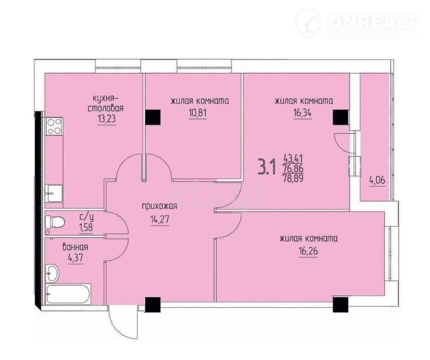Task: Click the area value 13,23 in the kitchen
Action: coord(107,120)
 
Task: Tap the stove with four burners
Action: coord(54,126)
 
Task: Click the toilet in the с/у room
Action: coord(55,222)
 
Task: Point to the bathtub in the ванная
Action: coord(68,294)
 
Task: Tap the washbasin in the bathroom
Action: coord(52,273)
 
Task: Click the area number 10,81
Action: coord(197,113)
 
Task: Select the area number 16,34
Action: coord(303,113)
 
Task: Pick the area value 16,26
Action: coord(308,251)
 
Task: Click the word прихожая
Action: coord(159,206)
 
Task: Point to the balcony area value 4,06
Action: coord(378,180)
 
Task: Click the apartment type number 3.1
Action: coord(266,168)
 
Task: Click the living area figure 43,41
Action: coord(293,158)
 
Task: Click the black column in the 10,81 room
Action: coord(153,117)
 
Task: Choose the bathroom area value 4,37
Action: coord(75,259)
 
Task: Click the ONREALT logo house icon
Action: coord(308,23)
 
